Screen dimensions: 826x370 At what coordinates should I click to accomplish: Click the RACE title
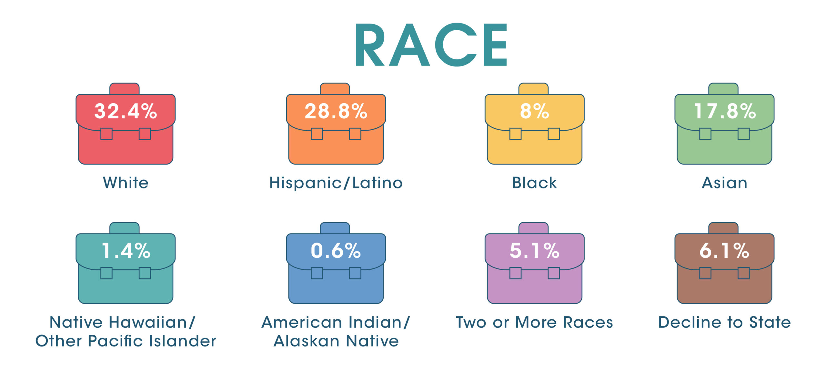[x=431, y=45]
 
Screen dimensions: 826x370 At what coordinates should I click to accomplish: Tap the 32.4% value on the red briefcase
[x=126, y=111]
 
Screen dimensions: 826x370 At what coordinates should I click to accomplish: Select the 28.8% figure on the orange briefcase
[x=336, y=111]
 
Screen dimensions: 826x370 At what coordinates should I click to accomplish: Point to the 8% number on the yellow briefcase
[x=534, y=111]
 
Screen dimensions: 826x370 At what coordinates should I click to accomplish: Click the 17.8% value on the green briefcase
[x=724, y=111]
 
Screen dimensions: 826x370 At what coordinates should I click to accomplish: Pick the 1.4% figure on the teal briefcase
[x=126, y=251]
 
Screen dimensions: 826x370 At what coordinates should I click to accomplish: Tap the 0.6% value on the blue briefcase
[x=336, y=251]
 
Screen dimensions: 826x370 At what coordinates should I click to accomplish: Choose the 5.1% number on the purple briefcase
[x=534, y=251]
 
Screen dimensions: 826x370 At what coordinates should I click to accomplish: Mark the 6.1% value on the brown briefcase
[x=724, y=251]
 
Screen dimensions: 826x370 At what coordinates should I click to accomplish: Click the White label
[x=126, y=183]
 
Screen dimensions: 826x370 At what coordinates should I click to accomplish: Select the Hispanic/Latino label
[x=336, y=183]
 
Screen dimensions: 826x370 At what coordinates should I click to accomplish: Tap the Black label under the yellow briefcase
[x=534, y=183]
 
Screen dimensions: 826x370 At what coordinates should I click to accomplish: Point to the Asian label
[x=724, y=183]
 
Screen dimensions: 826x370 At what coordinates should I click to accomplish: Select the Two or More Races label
[x=534, y=322]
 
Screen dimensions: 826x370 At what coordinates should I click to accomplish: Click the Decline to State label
[x=724, y=322]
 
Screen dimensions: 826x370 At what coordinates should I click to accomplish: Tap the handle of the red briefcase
[x=125, y=89]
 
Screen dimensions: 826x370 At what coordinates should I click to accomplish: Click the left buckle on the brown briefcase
[x=705, y=273]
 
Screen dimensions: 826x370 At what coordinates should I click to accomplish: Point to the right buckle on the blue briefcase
[x=355, y=273]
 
